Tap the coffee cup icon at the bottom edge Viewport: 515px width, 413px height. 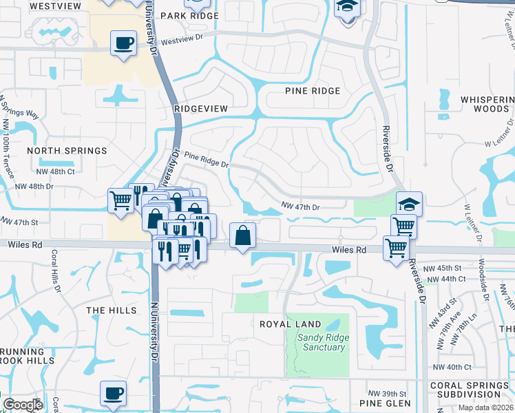[114, 394]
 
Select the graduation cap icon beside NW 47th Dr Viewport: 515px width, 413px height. [409, 204]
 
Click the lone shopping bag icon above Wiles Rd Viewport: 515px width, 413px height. [243, 236]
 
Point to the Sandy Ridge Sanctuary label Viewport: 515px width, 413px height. [324, 342]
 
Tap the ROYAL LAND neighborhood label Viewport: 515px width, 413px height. [290, 324]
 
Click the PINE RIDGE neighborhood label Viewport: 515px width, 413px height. [313, 91]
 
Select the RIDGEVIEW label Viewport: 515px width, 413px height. [200, 109]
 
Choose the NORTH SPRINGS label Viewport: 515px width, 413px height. [67, 151]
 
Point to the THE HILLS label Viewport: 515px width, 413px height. [112, 310]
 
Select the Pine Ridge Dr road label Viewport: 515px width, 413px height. [206, 162]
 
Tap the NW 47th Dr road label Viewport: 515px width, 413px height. [301, 206]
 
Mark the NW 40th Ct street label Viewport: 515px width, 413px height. [448, 367]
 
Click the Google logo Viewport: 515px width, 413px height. [23, 405]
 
